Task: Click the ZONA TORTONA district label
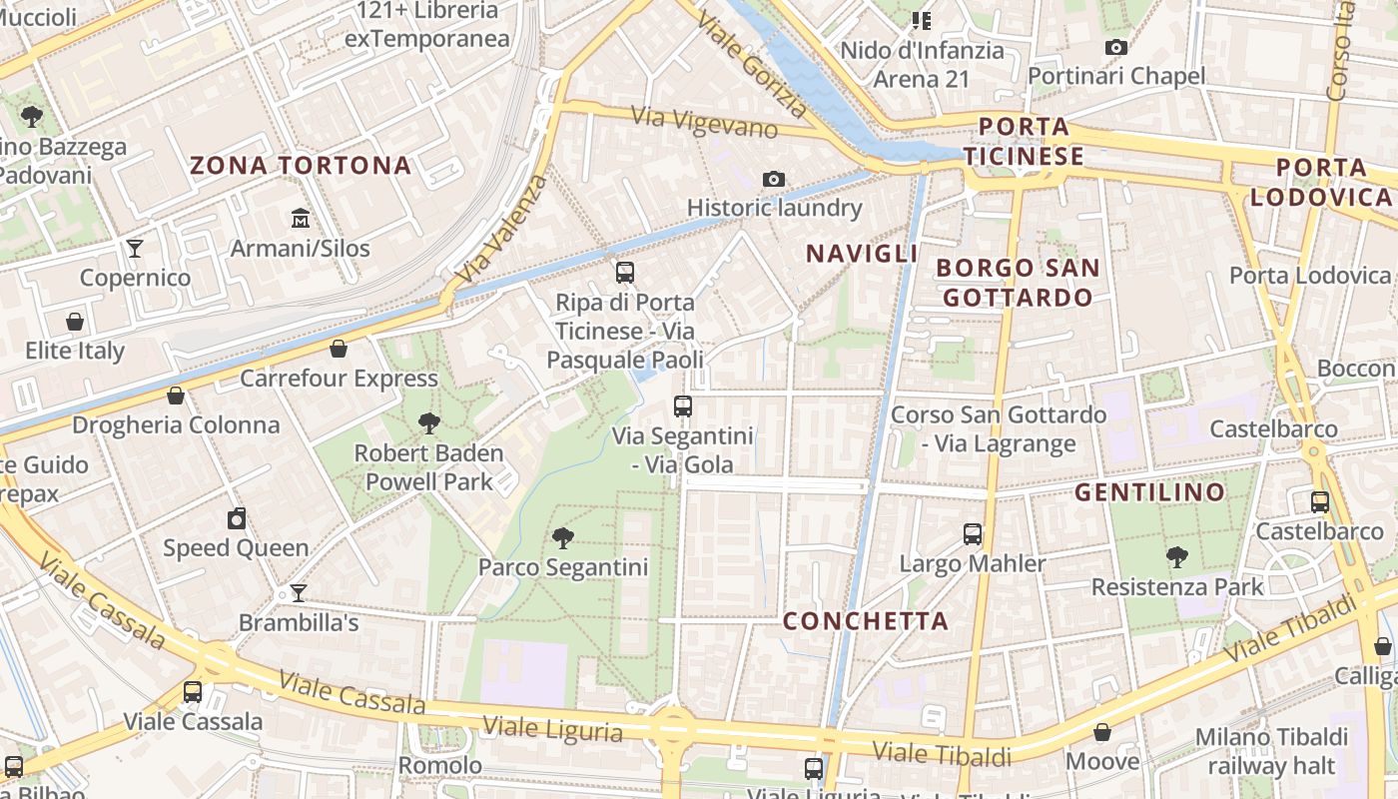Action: pyautogui.click(x=301, y=165)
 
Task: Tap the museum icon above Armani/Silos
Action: pyautogui.click(x=301, y=217)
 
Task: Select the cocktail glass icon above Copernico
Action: pyautogui.click(x=135, y=248)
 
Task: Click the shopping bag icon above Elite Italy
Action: pyautogui.click(x=75, y=322)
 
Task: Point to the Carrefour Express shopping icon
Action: pyautogui.click(x=339, y=349)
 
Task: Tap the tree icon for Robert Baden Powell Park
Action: pyautogui.click(x=429, y=422)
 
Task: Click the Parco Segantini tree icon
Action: pyautogui.click(x=563, y=538)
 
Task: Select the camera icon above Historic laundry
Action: pyautogui.click(x=773, y=179)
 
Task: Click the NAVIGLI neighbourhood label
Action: pyautogui.click(x=862, y=254)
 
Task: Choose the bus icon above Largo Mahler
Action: pyautogui.click(x=973, y=534)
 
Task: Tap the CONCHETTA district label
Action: pyautogui.click(x=865, y=621)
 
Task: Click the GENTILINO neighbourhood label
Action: pyautogui.click(x=1149, y=492)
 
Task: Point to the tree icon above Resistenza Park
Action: pyautogui.click(x=1177, y=557)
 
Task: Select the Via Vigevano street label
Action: pyautogui.click(x=705, y=122)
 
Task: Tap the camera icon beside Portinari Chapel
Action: pyautogui.click(x=1116, y=47)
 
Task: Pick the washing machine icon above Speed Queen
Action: pyautogui.click(x=237, y=518)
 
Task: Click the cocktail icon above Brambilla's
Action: pyautogui.click(x=298, y=593)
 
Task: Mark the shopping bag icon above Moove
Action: pyautogui.click(x=1102, y=733)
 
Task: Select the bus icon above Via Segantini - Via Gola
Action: pyautogui.click(x=683, y=406)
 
